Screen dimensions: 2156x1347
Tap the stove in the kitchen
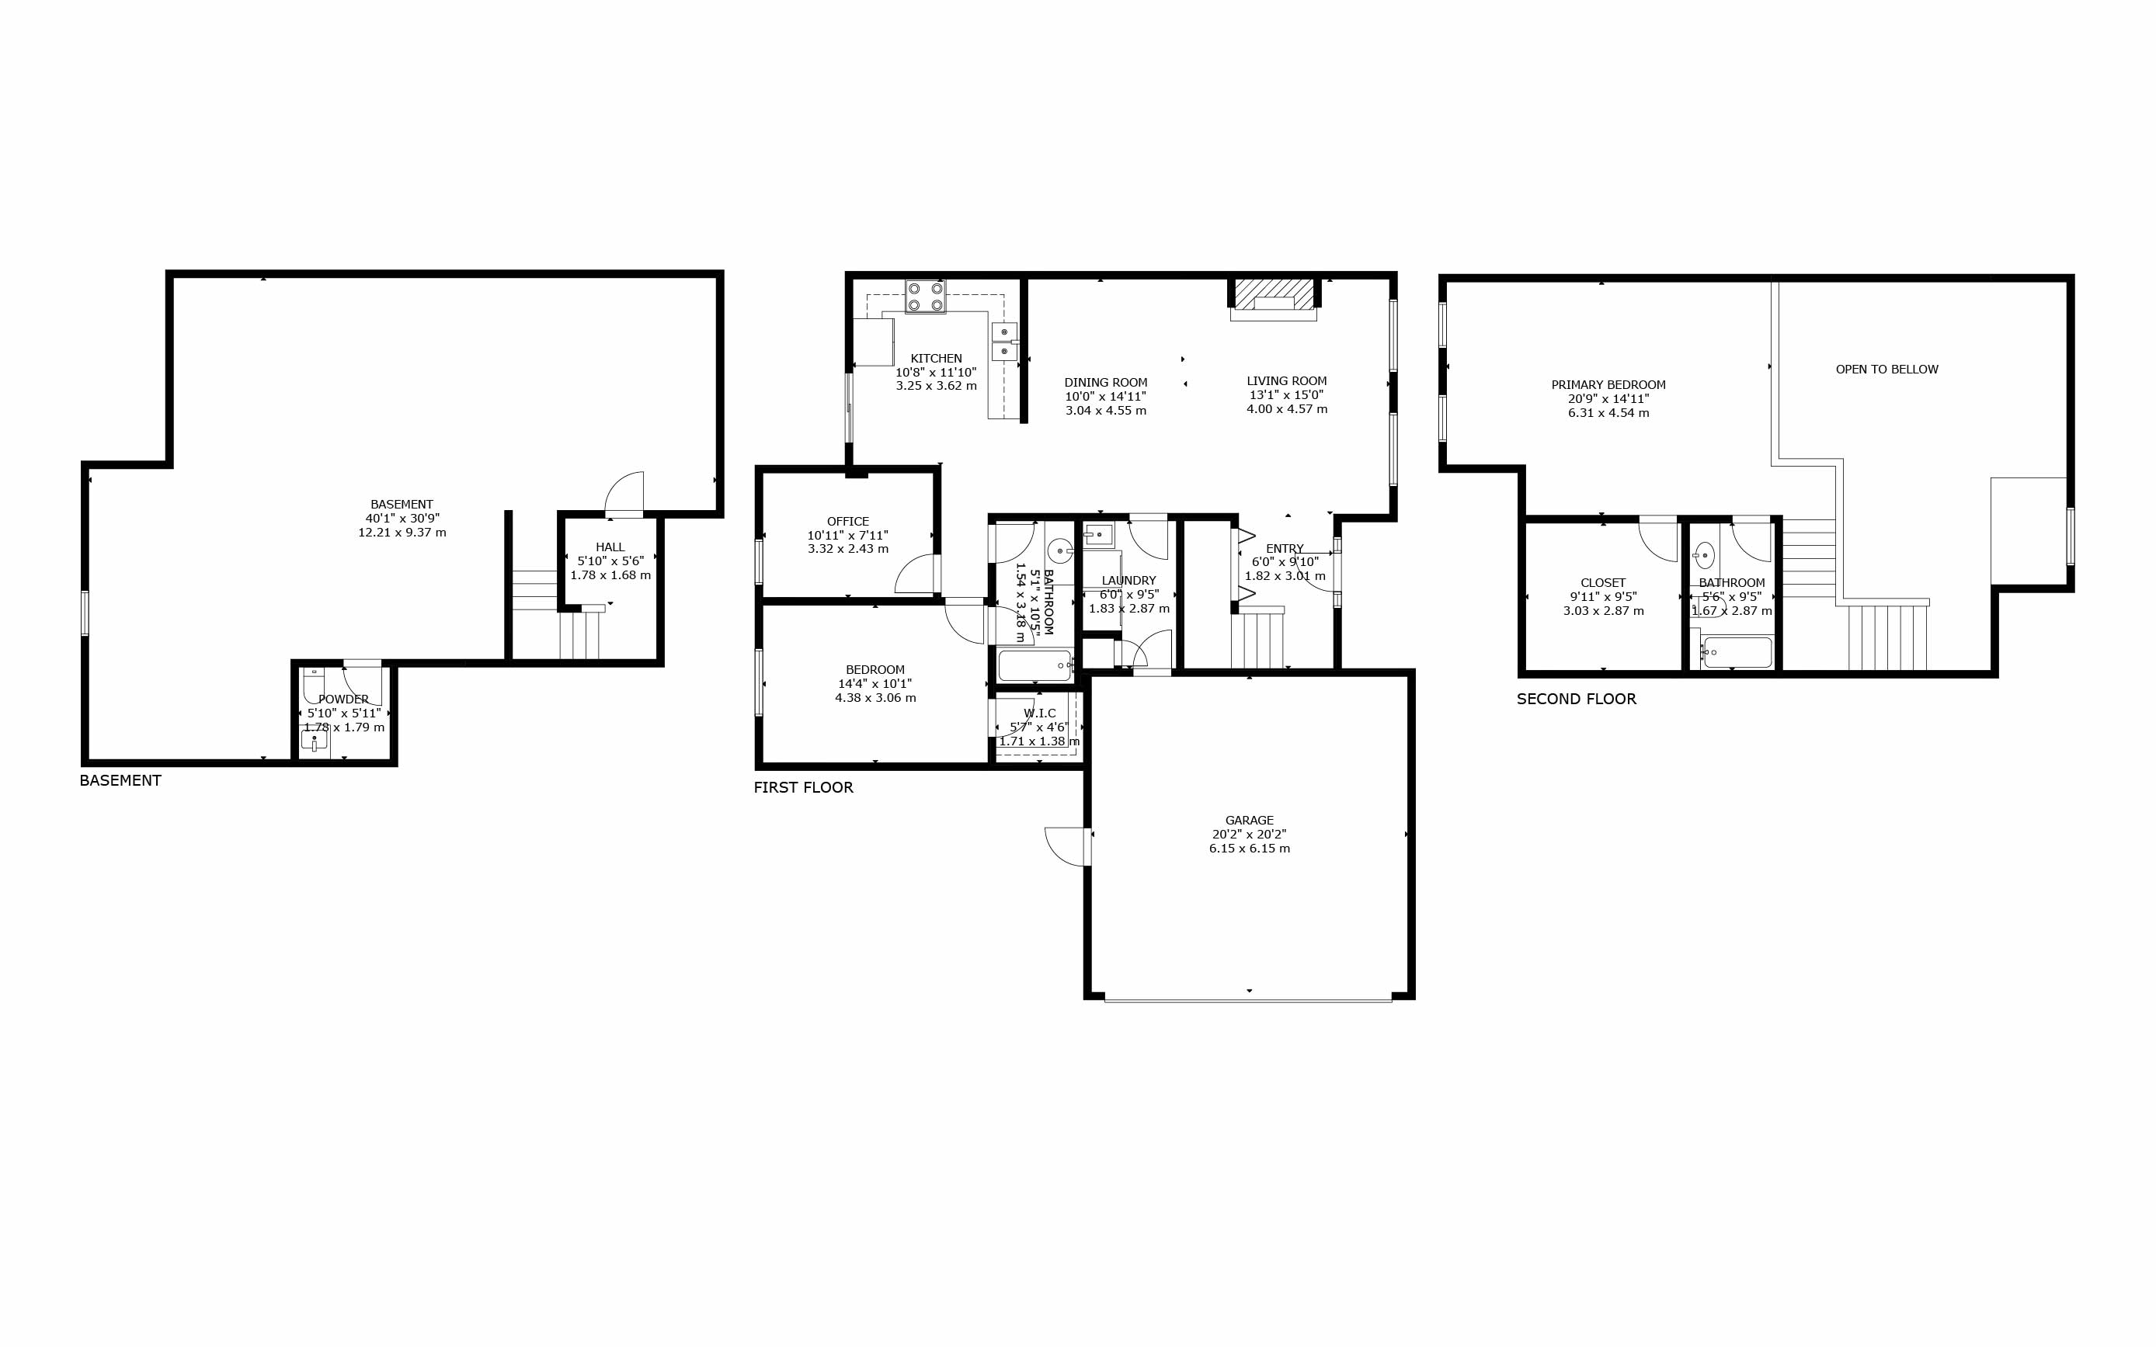point(926,297)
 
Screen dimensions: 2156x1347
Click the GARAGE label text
point(1249,821)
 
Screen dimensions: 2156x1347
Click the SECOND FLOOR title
point(1576,700)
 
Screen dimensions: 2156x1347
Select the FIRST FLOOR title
point(803,787)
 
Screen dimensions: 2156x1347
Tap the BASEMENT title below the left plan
point(120,780)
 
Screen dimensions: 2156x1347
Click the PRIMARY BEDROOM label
point(1608,385)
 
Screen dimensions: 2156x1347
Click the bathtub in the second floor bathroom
point(1737,652)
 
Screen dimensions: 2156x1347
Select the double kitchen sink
point(1004,341)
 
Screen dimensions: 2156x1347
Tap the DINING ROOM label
point(1106,382)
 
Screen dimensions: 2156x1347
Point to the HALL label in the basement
point(610,547)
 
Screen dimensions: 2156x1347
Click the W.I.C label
point(1040,713)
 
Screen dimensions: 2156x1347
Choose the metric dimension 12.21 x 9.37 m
point(402,533)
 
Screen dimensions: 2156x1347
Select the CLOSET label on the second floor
point(1603,582)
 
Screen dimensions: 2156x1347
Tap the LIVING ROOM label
point(1286,380)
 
